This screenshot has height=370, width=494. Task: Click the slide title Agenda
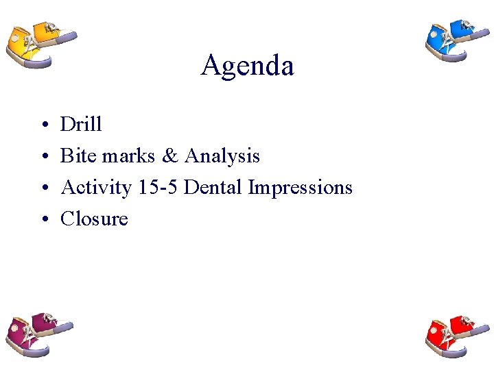(247, 66)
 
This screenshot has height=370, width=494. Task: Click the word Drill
(81, 124)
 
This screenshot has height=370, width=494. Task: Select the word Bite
(78, 156)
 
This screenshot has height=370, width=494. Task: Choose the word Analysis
(222, 157)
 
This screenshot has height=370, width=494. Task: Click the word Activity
(96, 188)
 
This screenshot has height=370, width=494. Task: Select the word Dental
(214, 187)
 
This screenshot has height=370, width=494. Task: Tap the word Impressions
(301, 188)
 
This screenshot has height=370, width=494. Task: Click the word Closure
(94, 219)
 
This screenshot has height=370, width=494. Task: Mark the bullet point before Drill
(43, 125)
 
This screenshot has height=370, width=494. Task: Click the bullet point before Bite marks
(43, 157)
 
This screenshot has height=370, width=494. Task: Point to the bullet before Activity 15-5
(43, 188)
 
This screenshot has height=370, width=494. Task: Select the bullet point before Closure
(43, 220)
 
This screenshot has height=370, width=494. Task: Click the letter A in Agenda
(210, 66)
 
